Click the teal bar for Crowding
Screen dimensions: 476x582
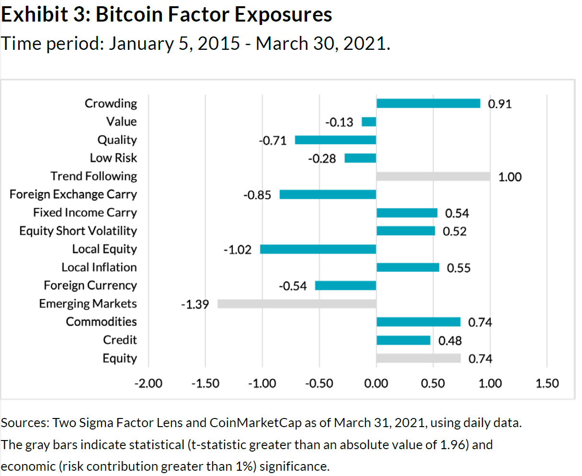point(428,104)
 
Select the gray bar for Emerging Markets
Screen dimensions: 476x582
point(297,304)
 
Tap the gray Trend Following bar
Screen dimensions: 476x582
point(433,176)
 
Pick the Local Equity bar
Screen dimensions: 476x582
point(318,249)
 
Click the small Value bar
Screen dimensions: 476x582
point(369,122)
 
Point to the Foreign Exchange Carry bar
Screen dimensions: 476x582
point(328,195)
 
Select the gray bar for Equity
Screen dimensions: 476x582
point(418,359)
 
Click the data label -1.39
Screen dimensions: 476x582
point(194,304)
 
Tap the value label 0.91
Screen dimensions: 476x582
point(500,104)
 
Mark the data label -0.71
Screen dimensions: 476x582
point(273,140)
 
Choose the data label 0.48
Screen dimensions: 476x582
point(450,341)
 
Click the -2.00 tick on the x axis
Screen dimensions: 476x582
point(148,383)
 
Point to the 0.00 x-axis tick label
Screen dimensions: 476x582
point(376,383)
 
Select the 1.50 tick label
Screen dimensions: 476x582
point(547,383)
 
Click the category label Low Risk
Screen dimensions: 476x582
point(114,158)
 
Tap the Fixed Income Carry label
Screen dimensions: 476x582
point(85,213)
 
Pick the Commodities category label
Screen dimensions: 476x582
point(101,322)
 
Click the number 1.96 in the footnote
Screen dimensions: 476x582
point(453,445)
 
